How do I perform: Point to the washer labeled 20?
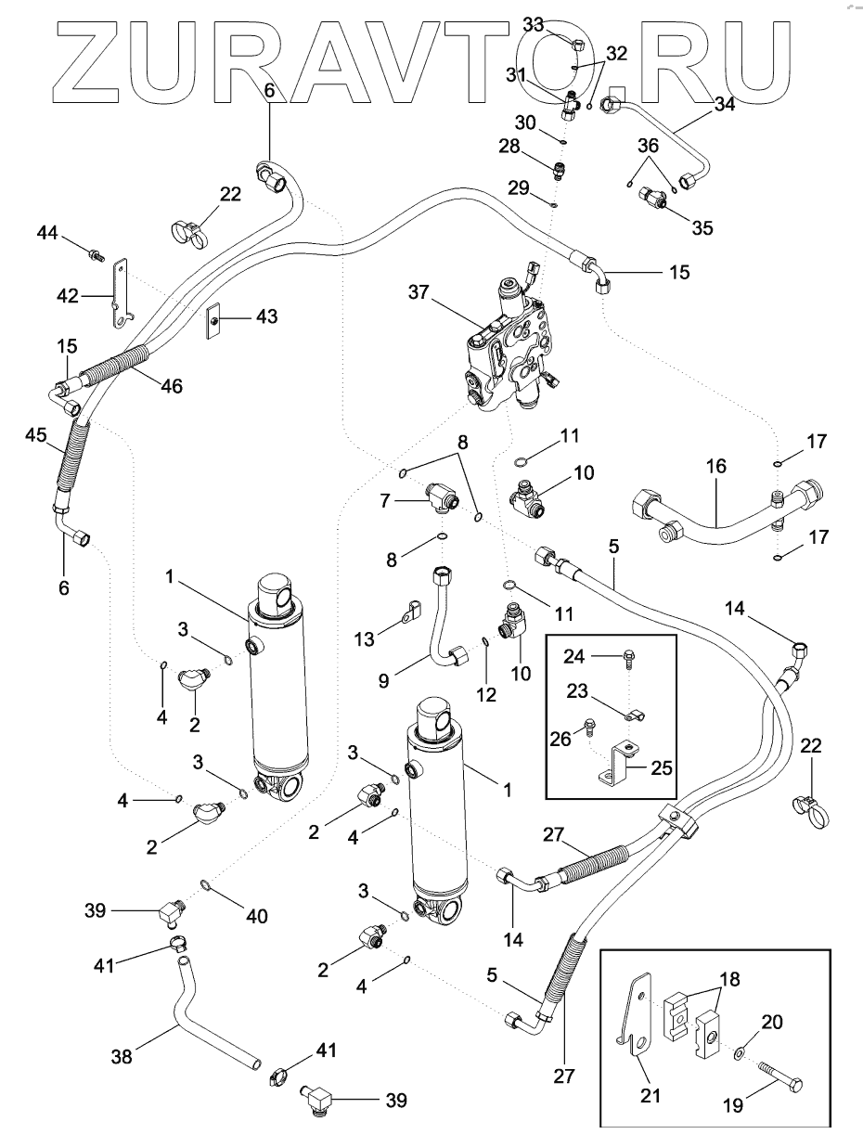(x=738, y=1054)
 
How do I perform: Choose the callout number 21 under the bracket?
(x=650, y=1096)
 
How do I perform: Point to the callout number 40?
(x=256, y=916)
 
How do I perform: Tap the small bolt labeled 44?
(x=95, y=251)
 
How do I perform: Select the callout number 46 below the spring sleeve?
(x=170, y=385)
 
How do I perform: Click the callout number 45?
(x=35, y=436)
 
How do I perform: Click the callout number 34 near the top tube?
(x=724, y=105)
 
